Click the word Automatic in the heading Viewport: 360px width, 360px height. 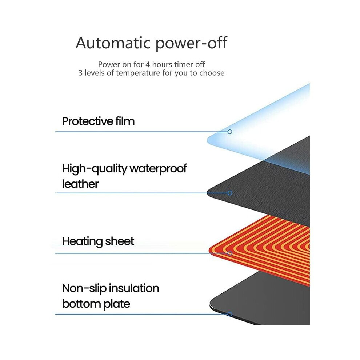[x=113, y=43]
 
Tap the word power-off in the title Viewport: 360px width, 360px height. [x=192, y=44]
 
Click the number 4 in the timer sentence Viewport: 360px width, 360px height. [x=148, y=64]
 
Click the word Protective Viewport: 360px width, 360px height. [x=88, y=121]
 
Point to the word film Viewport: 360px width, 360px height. [x=125, y=121]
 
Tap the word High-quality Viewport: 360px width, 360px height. [x=94, y=169]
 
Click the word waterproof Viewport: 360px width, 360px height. [x=158, y=169]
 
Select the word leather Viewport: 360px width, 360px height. [x=80, y=184]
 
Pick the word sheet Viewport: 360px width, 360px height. [x=119, y=241]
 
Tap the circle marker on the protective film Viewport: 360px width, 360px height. [x=229, y=132]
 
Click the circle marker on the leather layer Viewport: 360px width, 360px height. [x=229, y=193]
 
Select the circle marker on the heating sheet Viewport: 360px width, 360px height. [x=229, y=253]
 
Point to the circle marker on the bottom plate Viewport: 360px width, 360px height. [x=229, y=314]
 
